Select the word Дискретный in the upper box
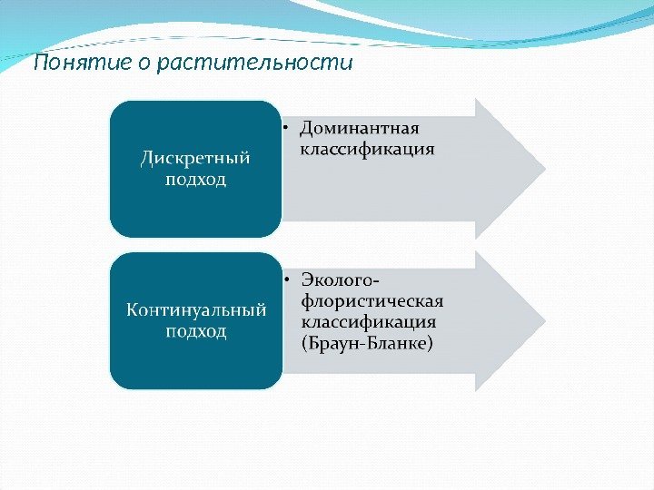coord(195,159)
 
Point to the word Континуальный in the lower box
coord(195,310)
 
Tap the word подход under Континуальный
coord(195,330)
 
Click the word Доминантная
coord(361,127)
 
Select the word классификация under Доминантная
coord(367,148)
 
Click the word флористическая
coord(372,300)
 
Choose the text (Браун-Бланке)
coord(367,343)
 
